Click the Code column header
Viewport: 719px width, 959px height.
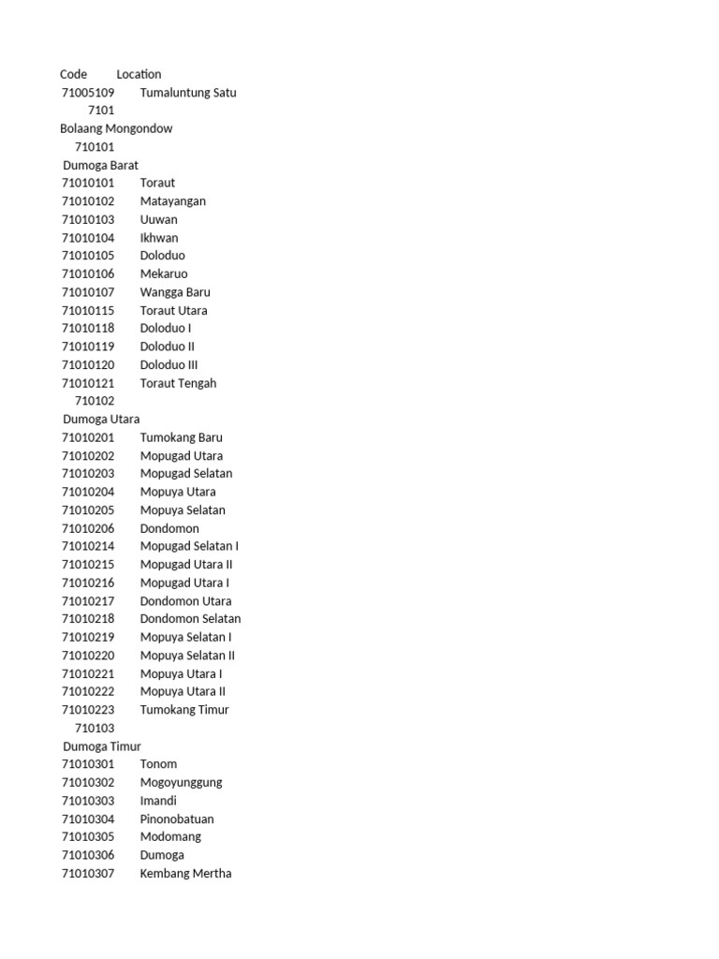(x=73, y=74)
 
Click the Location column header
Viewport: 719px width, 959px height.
(x=139, y=74)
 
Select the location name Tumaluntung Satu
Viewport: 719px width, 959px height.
(x=188, y=93)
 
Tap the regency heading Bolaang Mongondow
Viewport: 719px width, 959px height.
(x=116, y=128)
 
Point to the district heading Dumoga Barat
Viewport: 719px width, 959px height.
(x=100, y=165)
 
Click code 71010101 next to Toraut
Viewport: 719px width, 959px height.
(x=88, y=183)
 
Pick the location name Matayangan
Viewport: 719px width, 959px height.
(x=173, y=201)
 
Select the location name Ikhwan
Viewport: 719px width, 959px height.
(x=159, y=238)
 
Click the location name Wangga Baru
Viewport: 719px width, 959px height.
(x=175, y=292)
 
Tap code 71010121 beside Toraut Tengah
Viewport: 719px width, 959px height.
(x=88, y=383)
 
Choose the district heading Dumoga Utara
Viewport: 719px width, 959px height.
(x=101, y=419)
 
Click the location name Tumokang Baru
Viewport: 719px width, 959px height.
(x=182, y=437)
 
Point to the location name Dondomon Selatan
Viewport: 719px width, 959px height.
(x=190, y=619)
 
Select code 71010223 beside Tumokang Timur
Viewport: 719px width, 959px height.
(x=88, y=710)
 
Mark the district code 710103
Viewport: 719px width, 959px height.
(x=95, y=728)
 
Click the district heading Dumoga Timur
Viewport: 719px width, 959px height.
(x=102, y=746)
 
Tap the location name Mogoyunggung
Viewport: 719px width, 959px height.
(x=182, y=783)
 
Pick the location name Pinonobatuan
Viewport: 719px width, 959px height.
(x=177, y=819)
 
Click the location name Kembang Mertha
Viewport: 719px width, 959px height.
(x=185, y=874)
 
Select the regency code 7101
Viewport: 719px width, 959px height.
(x=101, y=111)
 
